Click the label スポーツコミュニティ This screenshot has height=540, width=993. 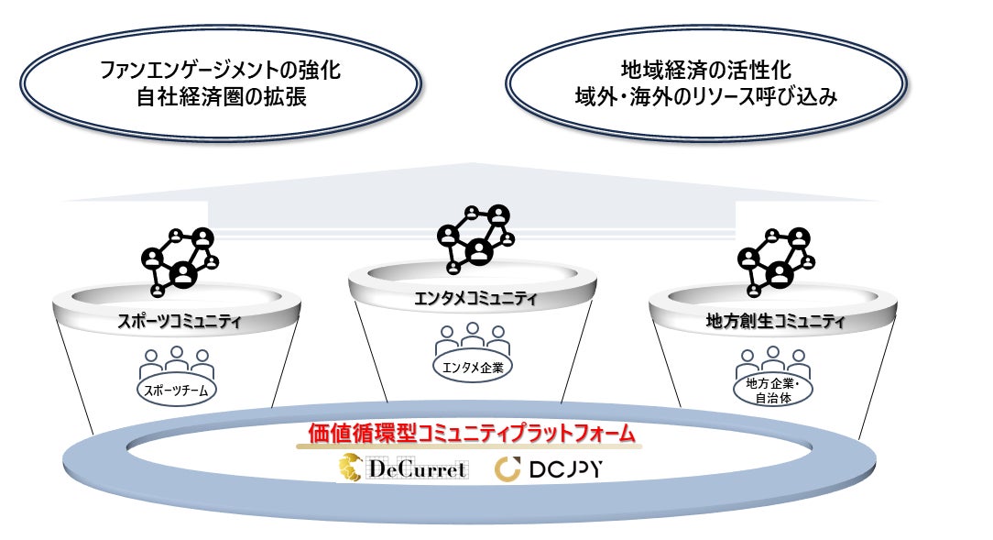coord(179,321)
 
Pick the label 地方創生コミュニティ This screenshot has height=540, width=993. coord(775,321)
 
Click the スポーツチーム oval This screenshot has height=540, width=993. coord(177,391)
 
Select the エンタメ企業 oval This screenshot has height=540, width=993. coord(473,366)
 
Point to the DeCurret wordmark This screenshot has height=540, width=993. coord(417,469)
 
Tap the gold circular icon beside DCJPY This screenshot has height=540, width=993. coord(508,470)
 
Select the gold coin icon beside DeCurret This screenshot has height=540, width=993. coord(351,468)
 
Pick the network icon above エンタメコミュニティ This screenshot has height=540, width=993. coord(473,237)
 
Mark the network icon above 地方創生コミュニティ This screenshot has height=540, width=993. coord(775,259)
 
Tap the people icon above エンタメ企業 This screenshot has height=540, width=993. coord(473,338)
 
